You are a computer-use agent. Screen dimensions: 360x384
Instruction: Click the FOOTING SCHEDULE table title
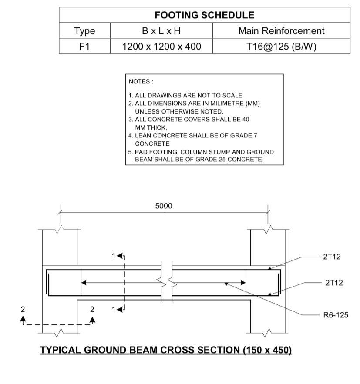point(205,15)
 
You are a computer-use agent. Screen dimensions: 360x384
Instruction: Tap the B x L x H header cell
point(161,31)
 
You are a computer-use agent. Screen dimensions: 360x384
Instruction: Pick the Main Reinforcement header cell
point(281,31)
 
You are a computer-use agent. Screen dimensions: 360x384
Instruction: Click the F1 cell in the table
point(84,46)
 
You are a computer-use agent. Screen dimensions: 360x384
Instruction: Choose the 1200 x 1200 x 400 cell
point(161,46)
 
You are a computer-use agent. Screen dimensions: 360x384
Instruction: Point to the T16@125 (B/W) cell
point(281,46)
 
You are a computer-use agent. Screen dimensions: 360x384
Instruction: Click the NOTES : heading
point(141,82)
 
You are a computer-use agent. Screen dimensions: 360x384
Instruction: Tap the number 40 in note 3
point(246,119)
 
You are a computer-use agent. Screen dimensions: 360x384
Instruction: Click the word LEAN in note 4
point(143,135)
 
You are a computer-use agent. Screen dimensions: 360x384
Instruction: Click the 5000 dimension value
point(164,206)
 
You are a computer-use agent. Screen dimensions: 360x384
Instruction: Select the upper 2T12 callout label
point(332,257)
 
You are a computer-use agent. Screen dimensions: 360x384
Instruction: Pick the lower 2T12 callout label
point(334,283)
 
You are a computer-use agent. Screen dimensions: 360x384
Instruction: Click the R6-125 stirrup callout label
point(336,315)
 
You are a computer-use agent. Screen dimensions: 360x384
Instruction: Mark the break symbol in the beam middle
point(167,282)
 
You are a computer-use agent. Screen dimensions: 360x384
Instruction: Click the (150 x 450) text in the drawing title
point(267,350)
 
